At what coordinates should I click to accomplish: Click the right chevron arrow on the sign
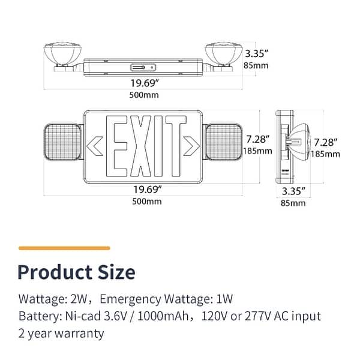(x=191, y=145)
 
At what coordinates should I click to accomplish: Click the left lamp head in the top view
(x=60, y=52)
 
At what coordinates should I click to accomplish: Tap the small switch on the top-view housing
(x=143, y=67)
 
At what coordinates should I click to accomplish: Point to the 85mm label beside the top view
(x=260, y=65)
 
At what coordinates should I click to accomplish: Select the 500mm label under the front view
(x=146, y=202)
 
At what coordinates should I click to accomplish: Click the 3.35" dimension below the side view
(x=294, y=191)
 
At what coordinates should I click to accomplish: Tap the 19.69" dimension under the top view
(x=145, y=83)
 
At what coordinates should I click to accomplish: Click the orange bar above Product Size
(x=64, y=247)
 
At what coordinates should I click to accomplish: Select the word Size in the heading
(x=114, y=272)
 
